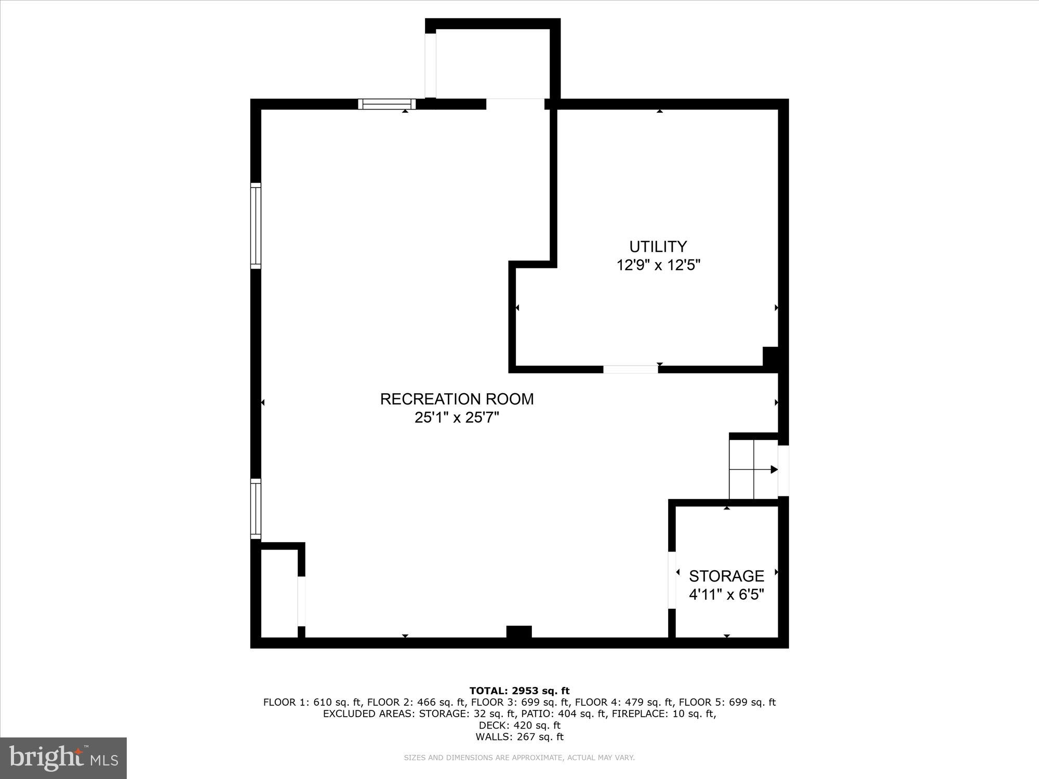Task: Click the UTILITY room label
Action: tap(658, 246)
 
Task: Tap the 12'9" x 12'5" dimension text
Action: tap(658, 265)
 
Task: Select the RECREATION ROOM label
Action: tap(457, 399)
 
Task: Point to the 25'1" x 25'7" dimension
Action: tap(457, 418)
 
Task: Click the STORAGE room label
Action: tap(726, 576)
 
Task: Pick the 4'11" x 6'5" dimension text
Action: tap(726, 595)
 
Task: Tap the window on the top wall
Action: tap(387, 104)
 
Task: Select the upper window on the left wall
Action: tap(256, 225)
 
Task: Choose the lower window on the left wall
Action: tap(256, 509)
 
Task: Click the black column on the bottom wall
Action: tap(519, 632)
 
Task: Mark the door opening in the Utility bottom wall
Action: tap(630, 369)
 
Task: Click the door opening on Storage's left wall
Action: tap(672, 580)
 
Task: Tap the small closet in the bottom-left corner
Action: tap(279, 593)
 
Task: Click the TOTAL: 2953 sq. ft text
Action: tap(519, 691)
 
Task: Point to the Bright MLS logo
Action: tap(63, 758)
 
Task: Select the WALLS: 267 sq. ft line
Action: tap(519, 736)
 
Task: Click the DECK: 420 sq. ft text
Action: tap(519, 725)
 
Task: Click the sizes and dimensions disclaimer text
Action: tap(519, 758)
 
